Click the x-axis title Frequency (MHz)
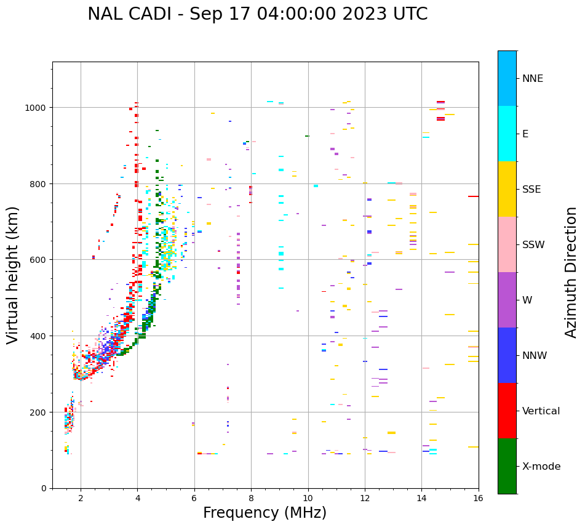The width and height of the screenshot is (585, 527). (265, 513)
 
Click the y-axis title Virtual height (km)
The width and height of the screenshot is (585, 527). (13, 275)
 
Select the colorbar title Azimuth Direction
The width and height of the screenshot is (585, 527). (571, 272)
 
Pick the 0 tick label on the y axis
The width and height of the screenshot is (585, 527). (44, 488)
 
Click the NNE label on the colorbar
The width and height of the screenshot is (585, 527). (533, 78)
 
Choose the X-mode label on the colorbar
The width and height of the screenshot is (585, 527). (541, 466)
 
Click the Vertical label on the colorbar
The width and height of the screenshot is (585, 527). (541, 411)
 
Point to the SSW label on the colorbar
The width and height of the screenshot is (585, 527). (533, 244)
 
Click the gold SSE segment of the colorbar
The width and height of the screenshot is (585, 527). (507, 189)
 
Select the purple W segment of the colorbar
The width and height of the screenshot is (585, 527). (507, 300)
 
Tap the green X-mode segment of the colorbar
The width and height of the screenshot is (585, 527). (507, 466)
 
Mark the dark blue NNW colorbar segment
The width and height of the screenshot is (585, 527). (507, 355)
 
